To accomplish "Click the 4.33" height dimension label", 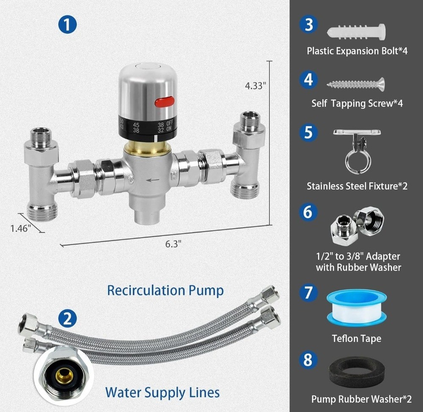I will point(255,86).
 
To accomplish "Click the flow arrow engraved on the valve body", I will point(153,180).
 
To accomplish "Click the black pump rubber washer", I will point(357,374).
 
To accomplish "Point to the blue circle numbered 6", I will point(308,212).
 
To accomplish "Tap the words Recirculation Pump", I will point(165,290).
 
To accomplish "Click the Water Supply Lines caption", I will point(162,392).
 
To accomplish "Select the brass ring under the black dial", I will point(147,149).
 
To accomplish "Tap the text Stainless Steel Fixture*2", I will point(357,186).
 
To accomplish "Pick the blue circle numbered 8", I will point(308,360).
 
